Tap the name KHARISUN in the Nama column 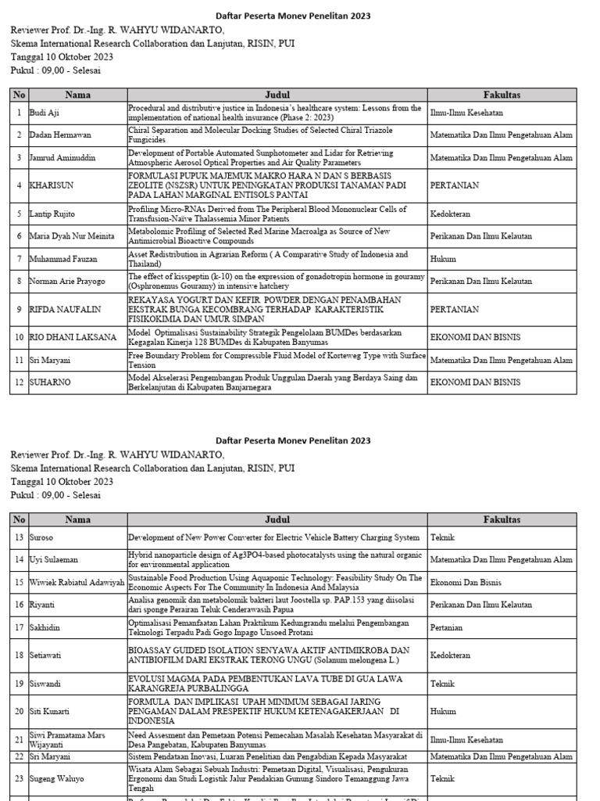point(53,185)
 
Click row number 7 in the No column point(18,259)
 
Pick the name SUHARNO point(51,383)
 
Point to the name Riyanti point(45,605)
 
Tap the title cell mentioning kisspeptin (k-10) point(277,281)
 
